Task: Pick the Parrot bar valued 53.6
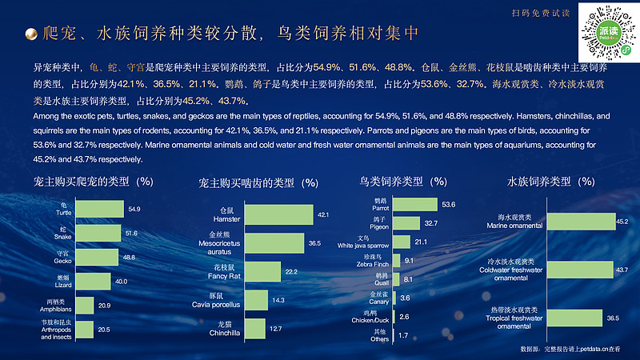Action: tap(414, 205)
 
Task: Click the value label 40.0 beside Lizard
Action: tap(121, 282)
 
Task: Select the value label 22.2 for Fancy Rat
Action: tap(291, 272)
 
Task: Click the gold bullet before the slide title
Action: tap(30, 34)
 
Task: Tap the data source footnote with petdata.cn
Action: tap(570, 350)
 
